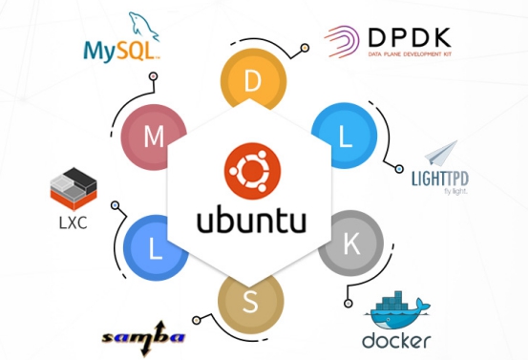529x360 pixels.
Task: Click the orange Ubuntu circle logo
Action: click(x=252, y=171)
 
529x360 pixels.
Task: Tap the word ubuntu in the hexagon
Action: click(x=251, y=220)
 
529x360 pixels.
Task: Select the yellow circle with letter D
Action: click(x=253, y=79)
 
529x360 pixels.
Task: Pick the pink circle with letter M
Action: click(x=153, y=137)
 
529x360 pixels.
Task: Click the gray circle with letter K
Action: click(x=351, y=243)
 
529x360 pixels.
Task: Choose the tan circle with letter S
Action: click(x=251, y=303)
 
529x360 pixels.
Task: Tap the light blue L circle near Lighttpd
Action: click(x=345, y=136)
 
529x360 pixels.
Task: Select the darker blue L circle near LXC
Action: click(x=155, y=248)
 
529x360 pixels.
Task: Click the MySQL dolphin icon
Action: click(x=143, y=27)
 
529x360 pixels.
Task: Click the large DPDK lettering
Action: click(x=410, y=37)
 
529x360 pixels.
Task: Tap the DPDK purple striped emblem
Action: click(x=342, y=41)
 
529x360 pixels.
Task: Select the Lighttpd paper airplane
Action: click(x=440, y=154)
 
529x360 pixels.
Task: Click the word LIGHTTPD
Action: click(x=440, y=179)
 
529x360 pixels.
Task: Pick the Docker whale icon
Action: click(x=397, y=310)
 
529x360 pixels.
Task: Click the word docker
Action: click(x=396, y=340)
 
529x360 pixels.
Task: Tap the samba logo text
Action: click(x=144, y=338)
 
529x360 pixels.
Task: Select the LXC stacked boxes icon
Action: click(x=74, y=189)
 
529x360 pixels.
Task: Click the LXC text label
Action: click(x=73, y=223)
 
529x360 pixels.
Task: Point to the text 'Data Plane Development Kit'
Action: click(x=410, y=54)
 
